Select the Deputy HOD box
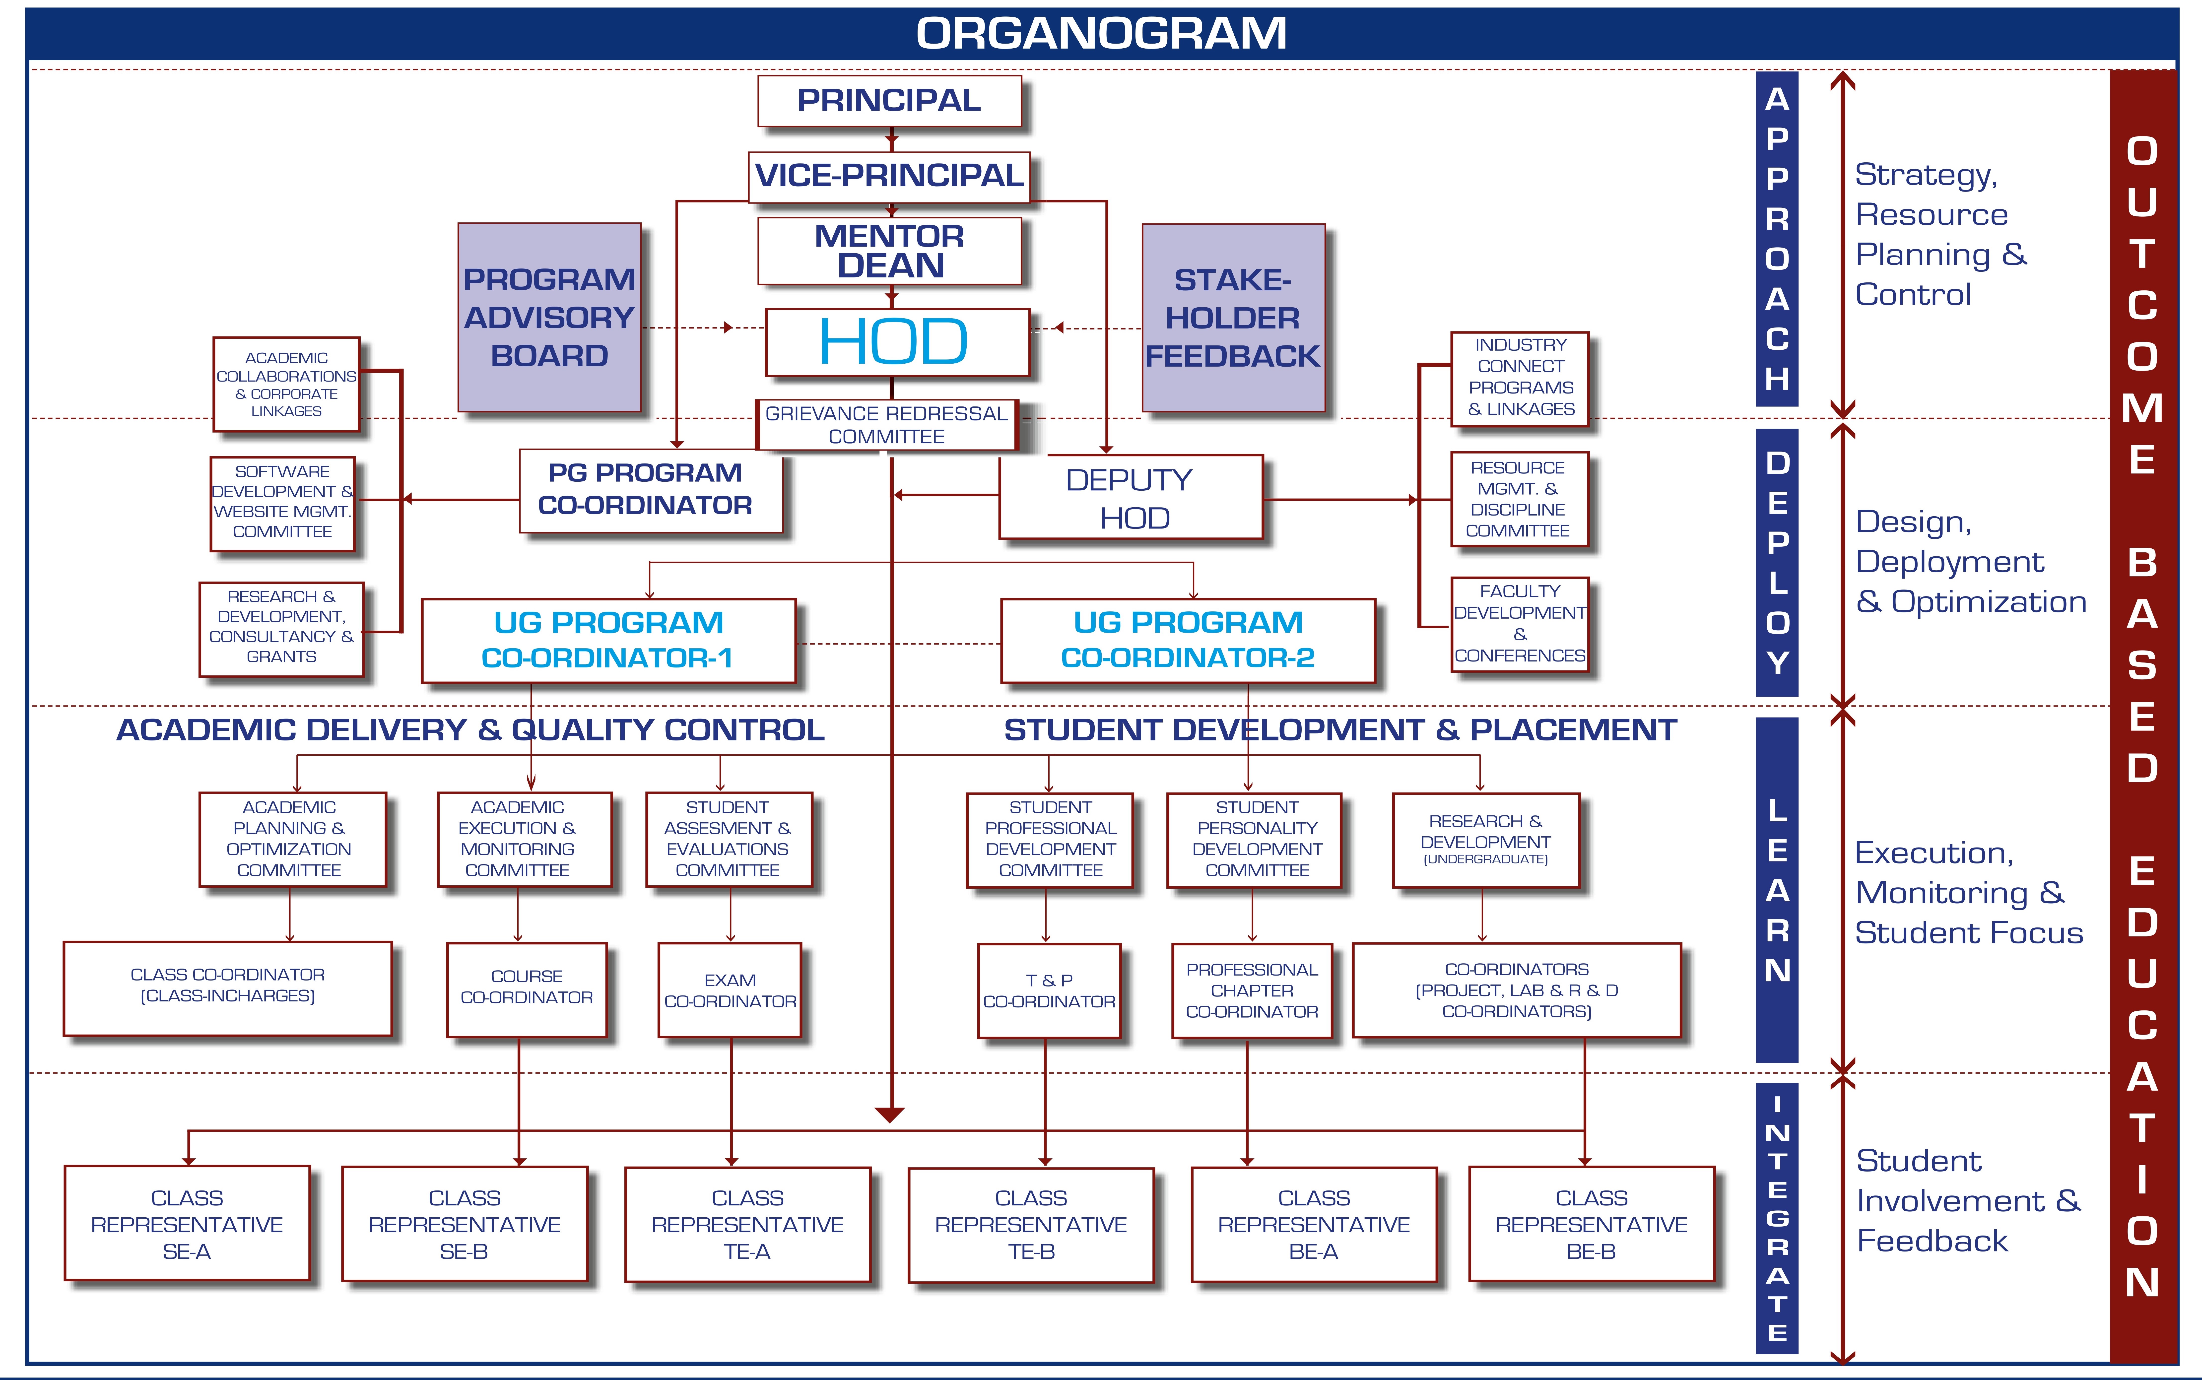pyautogui.click(x=1131, y=498)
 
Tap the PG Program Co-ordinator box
pyautogui.click(x=651, y=490)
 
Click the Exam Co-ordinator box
pyautogui.click(x=730, y=990)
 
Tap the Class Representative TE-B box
pyautogui.click(x=1031, y=1225)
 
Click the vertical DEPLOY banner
pyautogui.click(x=1777, y=562)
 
